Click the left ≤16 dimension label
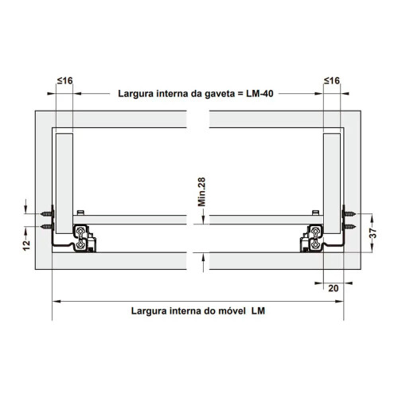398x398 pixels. click(65, 80)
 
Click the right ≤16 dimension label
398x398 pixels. click(332, 80)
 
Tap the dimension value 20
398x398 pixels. click(334, 288)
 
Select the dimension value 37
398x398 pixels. click(373, 233)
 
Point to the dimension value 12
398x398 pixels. click(26, 245)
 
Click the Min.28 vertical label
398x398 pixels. click(201, 192)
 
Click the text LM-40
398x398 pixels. click(259, 94)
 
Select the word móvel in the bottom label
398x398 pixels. click(232, 310)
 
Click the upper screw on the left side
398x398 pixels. click(47, 213)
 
